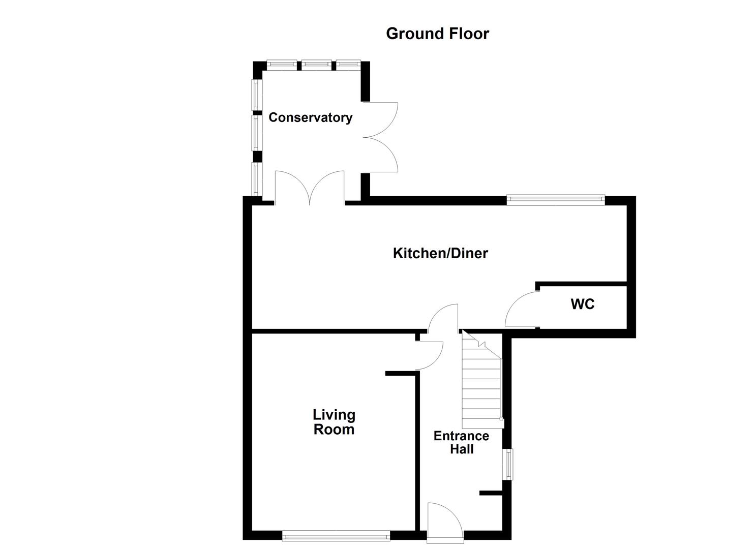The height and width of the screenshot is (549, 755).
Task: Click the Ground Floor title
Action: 437,34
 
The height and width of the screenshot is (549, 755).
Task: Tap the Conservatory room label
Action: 310,117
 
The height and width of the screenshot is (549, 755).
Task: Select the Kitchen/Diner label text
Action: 440,253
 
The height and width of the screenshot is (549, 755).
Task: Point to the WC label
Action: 582,304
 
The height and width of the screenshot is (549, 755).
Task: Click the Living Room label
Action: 334,422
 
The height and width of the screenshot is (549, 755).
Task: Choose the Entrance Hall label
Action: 461,442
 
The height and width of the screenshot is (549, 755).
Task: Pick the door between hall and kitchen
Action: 443,318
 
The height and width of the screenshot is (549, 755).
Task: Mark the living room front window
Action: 336,535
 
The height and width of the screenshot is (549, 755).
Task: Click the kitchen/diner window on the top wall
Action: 555,200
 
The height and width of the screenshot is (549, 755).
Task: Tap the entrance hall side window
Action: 508,464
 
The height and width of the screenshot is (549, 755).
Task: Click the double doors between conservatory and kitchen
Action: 310,189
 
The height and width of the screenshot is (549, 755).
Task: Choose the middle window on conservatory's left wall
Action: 257,132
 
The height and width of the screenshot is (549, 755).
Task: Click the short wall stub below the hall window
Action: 491,493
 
